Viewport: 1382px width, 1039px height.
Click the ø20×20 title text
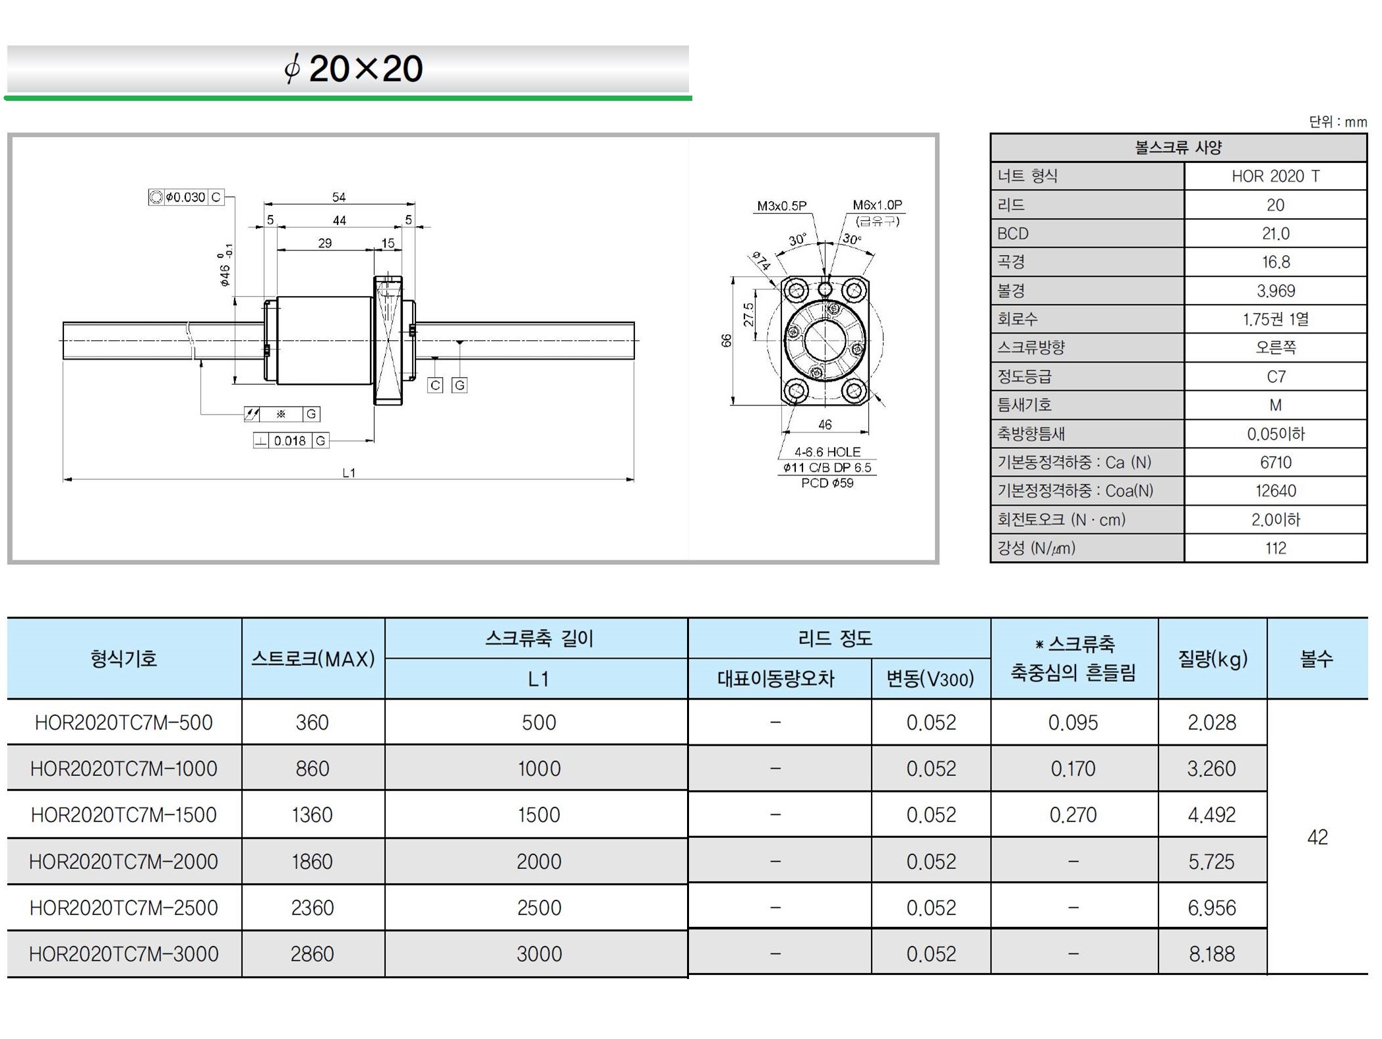pyautogui.click(x=353, y=69)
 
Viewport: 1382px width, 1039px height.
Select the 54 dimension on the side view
pyautogui.click(x=339, y=197)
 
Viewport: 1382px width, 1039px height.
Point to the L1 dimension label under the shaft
pyautogui.click(x=349, y=473)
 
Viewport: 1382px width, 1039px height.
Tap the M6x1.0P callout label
pyautogui.click(x=877, y=205)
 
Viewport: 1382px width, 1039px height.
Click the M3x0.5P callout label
pyautogui.click(x=781, y=206)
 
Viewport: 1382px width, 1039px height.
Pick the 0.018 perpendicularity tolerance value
pyautogui.click(x=290, y=440)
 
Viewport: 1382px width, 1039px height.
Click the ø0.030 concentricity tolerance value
pyautogui.click(x=186, y=197)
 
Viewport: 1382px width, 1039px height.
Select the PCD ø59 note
pyautogui.click(x=827, y=483)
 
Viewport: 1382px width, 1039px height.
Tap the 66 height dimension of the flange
pyautogui.click(x=726, y=341)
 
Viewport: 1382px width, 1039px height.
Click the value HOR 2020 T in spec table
pyautogui.click(x=1275, y=176)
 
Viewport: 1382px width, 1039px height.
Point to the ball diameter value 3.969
pyautogui.click(x=1275, y=291)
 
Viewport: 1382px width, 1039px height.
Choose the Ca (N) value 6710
pyautogui.click(x=1275, y=462)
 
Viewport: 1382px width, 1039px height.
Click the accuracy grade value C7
pyautogui.click(x=1275, y=376)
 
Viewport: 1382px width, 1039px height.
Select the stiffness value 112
pyautogui.click(x=1275, y=548)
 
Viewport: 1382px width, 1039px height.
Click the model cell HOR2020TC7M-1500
pyautogui.click(x=124, y=815)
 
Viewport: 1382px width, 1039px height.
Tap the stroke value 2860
pyautogui.click(x=313, y=954)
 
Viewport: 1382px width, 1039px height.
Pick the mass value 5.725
pyautogui.click(x=1212, y=862)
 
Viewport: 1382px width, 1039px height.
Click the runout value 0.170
pyautogui.click(x=1073, y=769)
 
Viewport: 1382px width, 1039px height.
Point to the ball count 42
pyautogui.click(x=1317, y=837)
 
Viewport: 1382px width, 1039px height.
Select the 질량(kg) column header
pyautogui.click(x=1213, y=659)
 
